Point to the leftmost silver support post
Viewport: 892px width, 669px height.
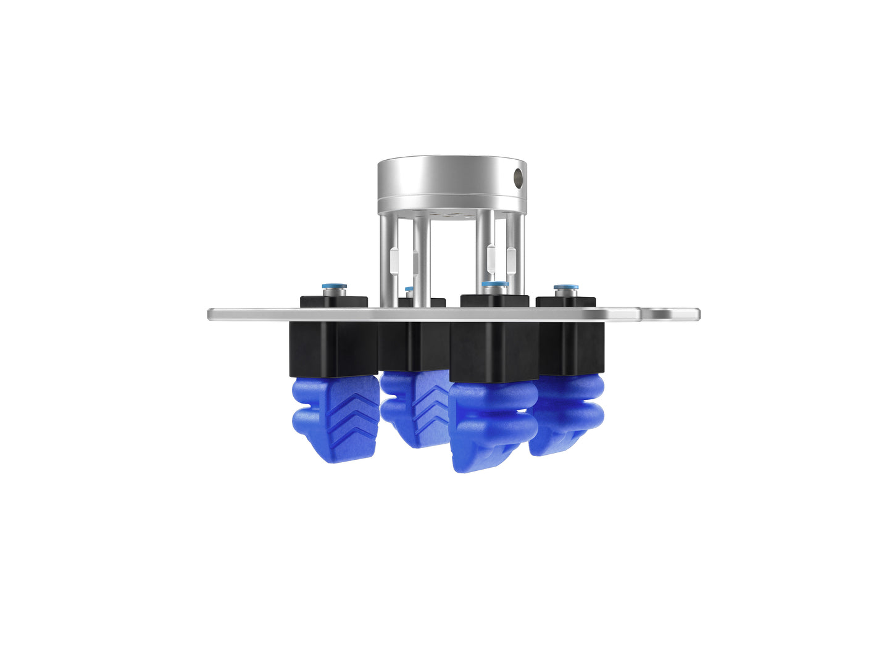385,259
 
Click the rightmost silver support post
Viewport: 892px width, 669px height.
516,256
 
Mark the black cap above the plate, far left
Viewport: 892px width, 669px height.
333,302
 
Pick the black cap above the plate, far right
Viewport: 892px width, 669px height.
565,302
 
